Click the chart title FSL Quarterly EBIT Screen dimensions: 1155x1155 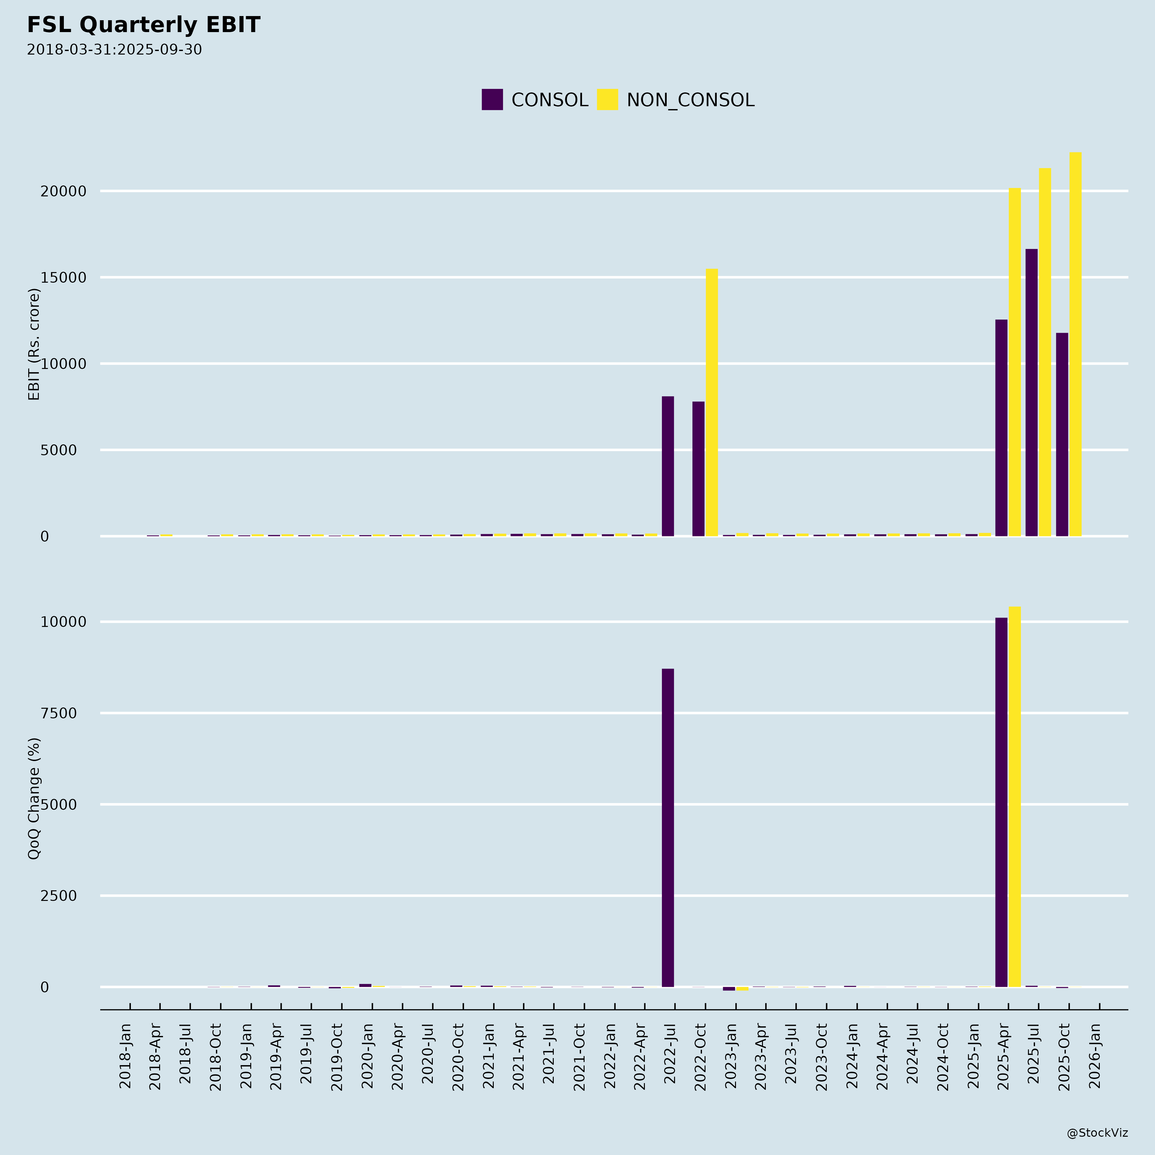[x=143, y=25]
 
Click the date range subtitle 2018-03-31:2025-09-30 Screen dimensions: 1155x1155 [x=114, y=50]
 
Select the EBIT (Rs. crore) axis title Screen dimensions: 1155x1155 [x=34, y=344]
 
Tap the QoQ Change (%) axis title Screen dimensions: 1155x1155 [x=34, y=798]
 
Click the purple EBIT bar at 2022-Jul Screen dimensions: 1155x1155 [x=668, y=466]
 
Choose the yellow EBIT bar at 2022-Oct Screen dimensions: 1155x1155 [x=712, y=402]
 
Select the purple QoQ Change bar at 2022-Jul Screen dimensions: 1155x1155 [x=668, y=828]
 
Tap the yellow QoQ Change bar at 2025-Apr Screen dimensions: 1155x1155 [x=1014, y=797]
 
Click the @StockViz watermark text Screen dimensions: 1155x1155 [x=1097, y=1133]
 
